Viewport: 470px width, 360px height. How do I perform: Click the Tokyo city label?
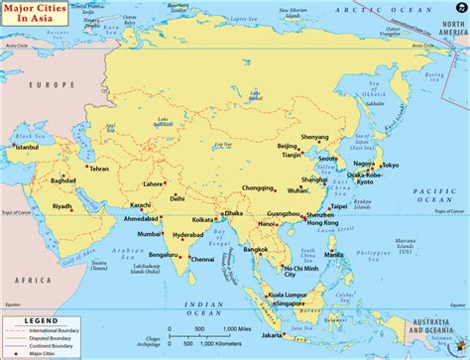[389, 166]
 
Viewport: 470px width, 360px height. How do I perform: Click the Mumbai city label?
[149, 234]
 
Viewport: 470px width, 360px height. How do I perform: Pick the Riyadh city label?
[61, 206]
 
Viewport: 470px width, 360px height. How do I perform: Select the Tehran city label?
[98, 169]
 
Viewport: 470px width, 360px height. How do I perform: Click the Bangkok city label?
[257, 249]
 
